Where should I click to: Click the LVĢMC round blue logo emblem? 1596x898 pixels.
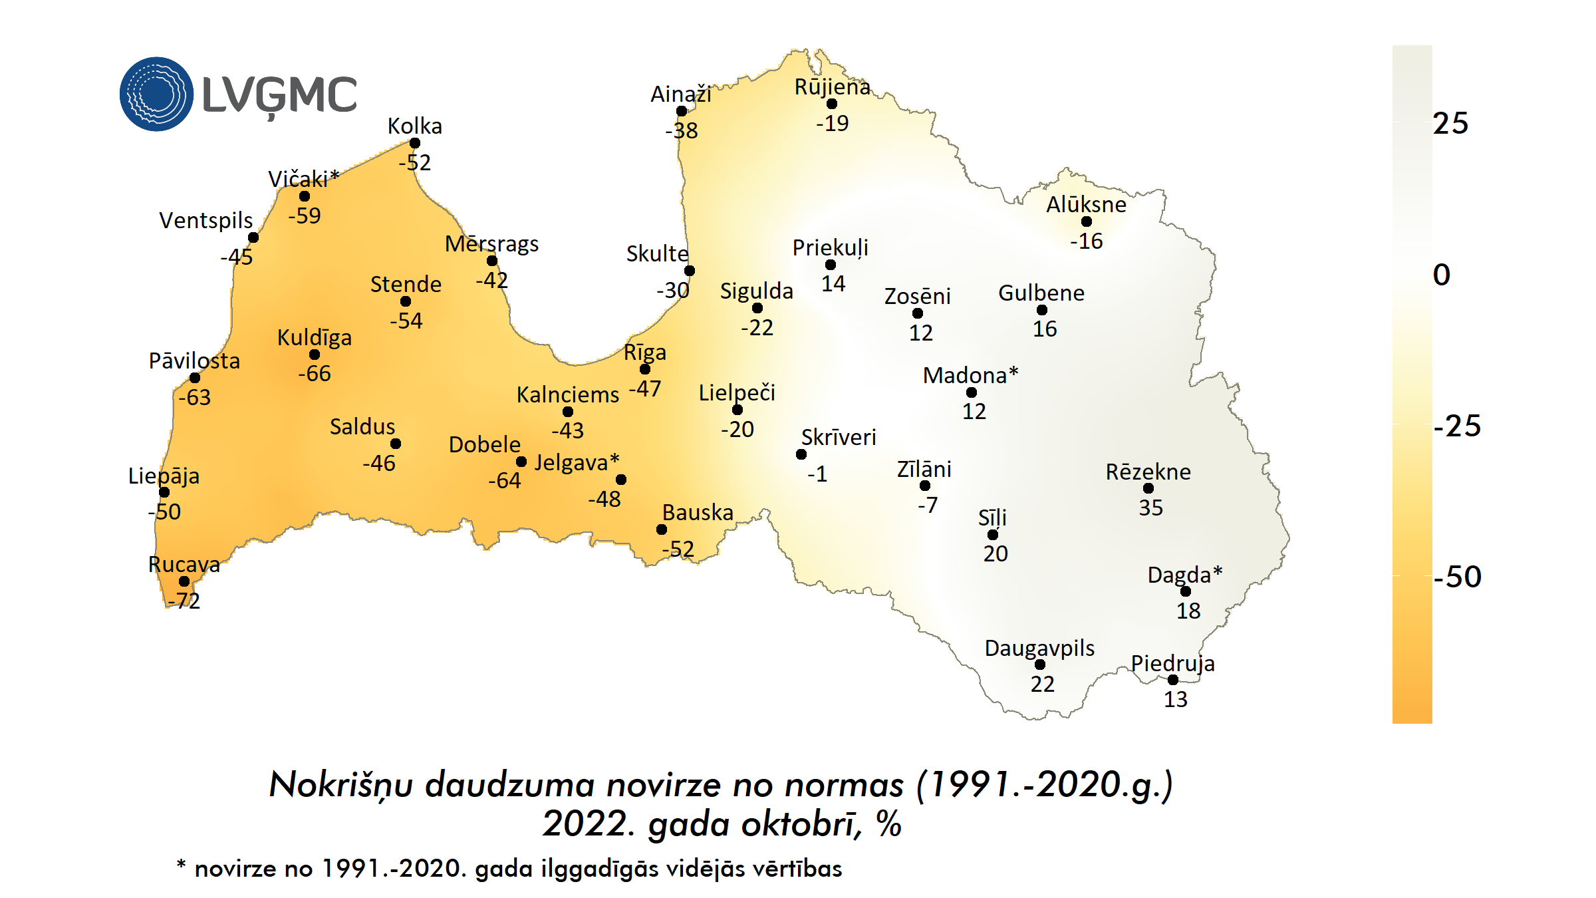coord(156,94)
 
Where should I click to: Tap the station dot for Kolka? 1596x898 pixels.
coord(415,143)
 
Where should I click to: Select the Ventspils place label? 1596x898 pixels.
coord(206,220)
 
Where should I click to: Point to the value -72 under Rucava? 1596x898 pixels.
coord(184,601)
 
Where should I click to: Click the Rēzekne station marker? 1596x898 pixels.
coord(1148,488)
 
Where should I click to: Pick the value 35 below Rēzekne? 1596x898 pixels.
coord(1151,508)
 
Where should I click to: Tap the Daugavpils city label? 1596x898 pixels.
coord(1039,648)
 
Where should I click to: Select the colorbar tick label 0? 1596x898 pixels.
coord(1442,275)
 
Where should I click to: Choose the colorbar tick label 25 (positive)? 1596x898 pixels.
coord(1451,124)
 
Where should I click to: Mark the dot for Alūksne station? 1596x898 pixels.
coord(1087,222)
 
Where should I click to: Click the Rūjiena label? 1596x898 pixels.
coord(832,87)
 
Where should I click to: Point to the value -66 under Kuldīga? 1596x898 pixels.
coord(315,374)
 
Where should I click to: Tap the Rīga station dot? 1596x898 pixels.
coord(645,369)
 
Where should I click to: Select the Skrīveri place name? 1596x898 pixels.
coord(839,437)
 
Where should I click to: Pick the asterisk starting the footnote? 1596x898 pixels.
coord(181,865)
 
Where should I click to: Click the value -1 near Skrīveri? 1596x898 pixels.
coord(817,474)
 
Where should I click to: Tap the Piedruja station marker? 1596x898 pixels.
coord(1173,680)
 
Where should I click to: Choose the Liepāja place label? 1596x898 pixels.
coord(164,476)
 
